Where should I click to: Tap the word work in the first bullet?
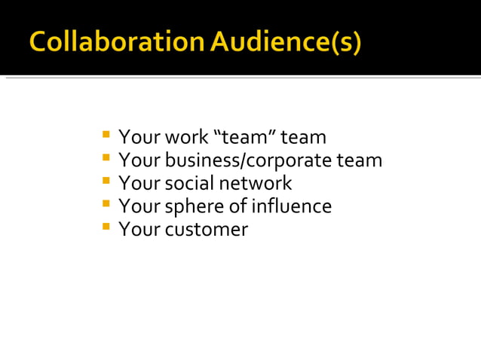[182, 138]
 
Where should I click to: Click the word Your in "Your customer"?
[136, 230]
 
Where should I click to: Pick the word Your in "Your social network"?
[136, 184]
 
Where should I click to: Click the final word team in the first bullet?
[304, 138]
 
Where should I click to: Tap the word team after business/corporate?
[360, 161]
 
